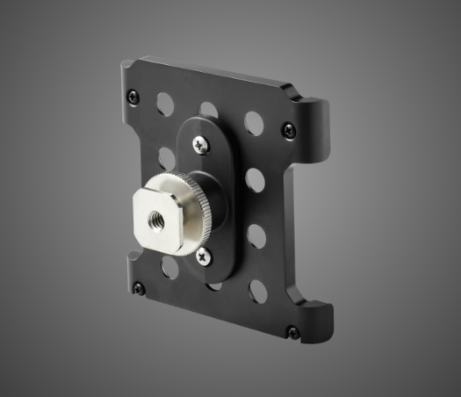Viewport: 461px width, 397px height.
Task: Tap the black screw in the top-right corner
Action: (x=288, y=130)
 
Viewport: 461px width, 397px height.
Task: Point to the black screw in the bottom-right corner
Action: (x=292, y=332)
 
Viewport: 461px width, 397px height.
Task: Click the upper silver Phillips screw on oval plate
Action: (x=201, y=145)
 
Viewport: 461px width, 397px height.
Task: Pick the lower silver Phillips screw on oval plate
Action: (x=204, y=256)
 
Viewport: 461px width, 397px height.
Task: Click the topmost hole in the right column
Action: (x=255, y=123)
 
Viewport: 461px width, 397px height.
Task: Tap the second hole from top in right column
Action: (x=256, y=180)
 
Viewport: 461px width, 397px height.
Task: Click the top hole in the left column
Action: (x=165, y=104)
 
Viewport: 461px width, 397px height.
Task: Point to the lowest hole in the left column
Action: (x=170, y=268)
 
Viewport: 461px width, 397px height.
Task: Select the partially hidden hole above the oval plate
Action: (x=209, y=110)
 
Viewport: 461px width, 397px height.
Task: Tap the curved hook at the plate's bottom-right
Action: (x=323, y=316)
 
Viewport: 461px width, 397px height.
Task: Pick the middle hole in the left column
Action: (x=167, y=158)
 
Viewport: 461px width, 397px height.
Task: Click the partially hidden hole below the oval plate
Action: (x=213, y=285)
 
